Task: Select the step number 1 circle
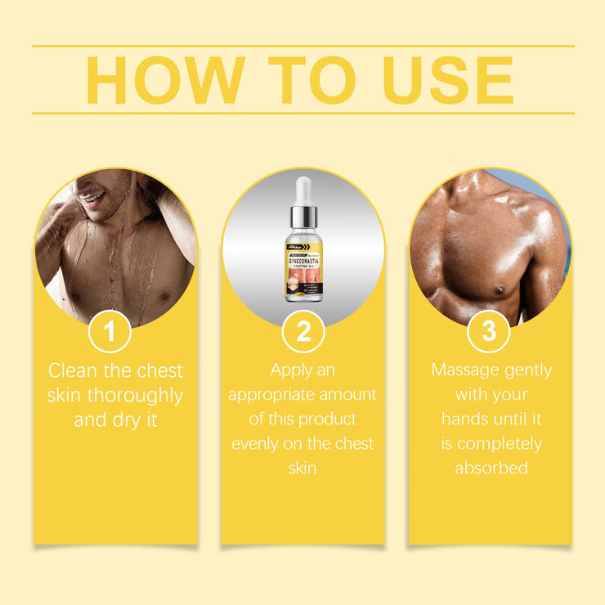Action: (x=110, y=332)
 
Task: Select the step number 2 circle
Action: (x=302, y=332)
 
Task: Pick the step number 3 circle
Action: (x=489, y=332)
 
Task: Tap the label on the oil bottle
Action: (x=303, y=266)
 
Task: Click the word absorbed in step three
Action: (x=491, y=468)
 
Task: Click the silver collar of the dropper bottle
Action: (x=303, y=218)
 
